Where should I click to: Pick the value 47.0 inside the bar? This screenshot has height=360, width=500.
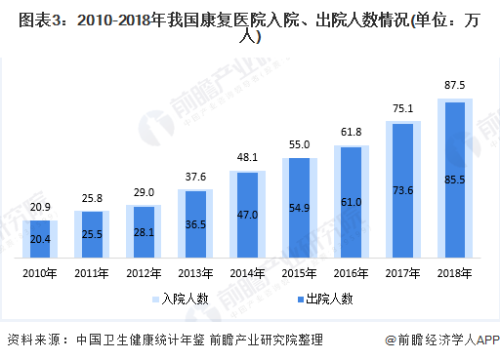pyautogui.click(x=248, y=215)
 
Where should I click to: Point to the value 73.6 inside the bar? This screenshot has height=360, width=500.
pyautogui.click(x=404, y=190)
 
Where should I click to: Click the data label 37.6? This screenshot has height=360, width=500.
pyautogui.click(x=196, y=177)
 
